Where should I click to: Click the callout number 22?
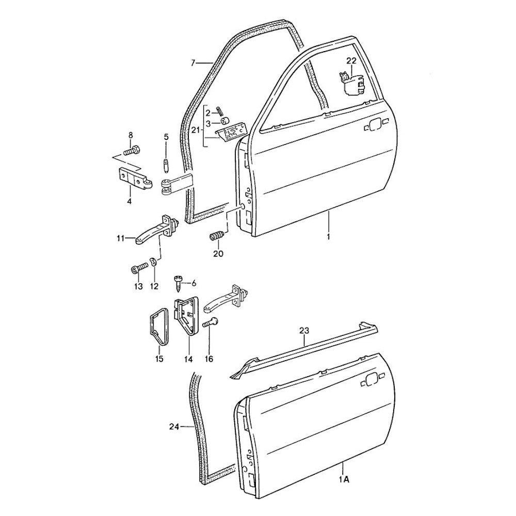tap(351, 61)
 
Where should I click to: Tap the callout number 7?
tap(193, 62)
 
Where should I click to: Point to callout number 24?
tap(174, 427)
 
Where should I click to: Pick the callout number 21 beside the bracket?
tap(197, 131)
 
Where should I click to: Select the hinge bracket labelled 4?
tap(135, 179)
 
